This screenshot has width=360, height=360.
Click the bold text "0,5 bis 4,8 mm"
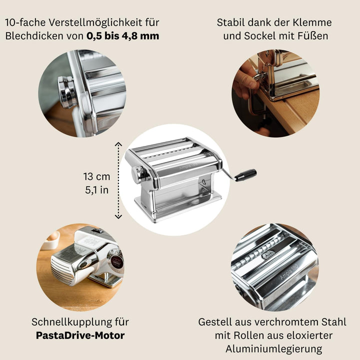[x=123, y=36]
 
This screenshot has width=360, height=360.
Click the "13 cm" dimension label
[x=96, y=176]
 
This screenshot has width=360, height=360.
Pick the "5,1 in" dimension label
[x=96, y=190]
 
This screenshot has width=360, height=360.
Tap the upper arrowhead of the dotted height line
[x=118, y=144]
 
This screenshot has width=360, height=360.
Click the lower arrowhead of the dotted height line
[x=118, y=216]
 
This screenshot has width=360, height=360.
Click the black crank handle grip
[x=245, y=175]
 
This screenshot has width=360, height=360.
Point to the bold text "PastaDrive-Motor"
[x=80, y=335]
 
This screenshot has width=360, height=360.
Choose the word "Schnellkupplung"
[x=71, y=322]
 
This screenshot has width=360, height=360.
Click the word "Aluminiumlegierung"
[x=274, y=349]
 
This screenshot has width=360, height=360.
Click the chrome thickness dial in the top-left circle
[x=67, y=92]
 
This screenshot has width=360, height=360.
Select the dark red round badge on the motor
[x=117, y=262]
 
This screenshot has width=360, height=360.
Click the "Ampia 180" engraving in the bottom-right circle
[x=289, y=272]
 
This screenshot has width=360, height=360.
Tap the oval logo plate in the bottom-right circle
[x=268, y=254]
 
